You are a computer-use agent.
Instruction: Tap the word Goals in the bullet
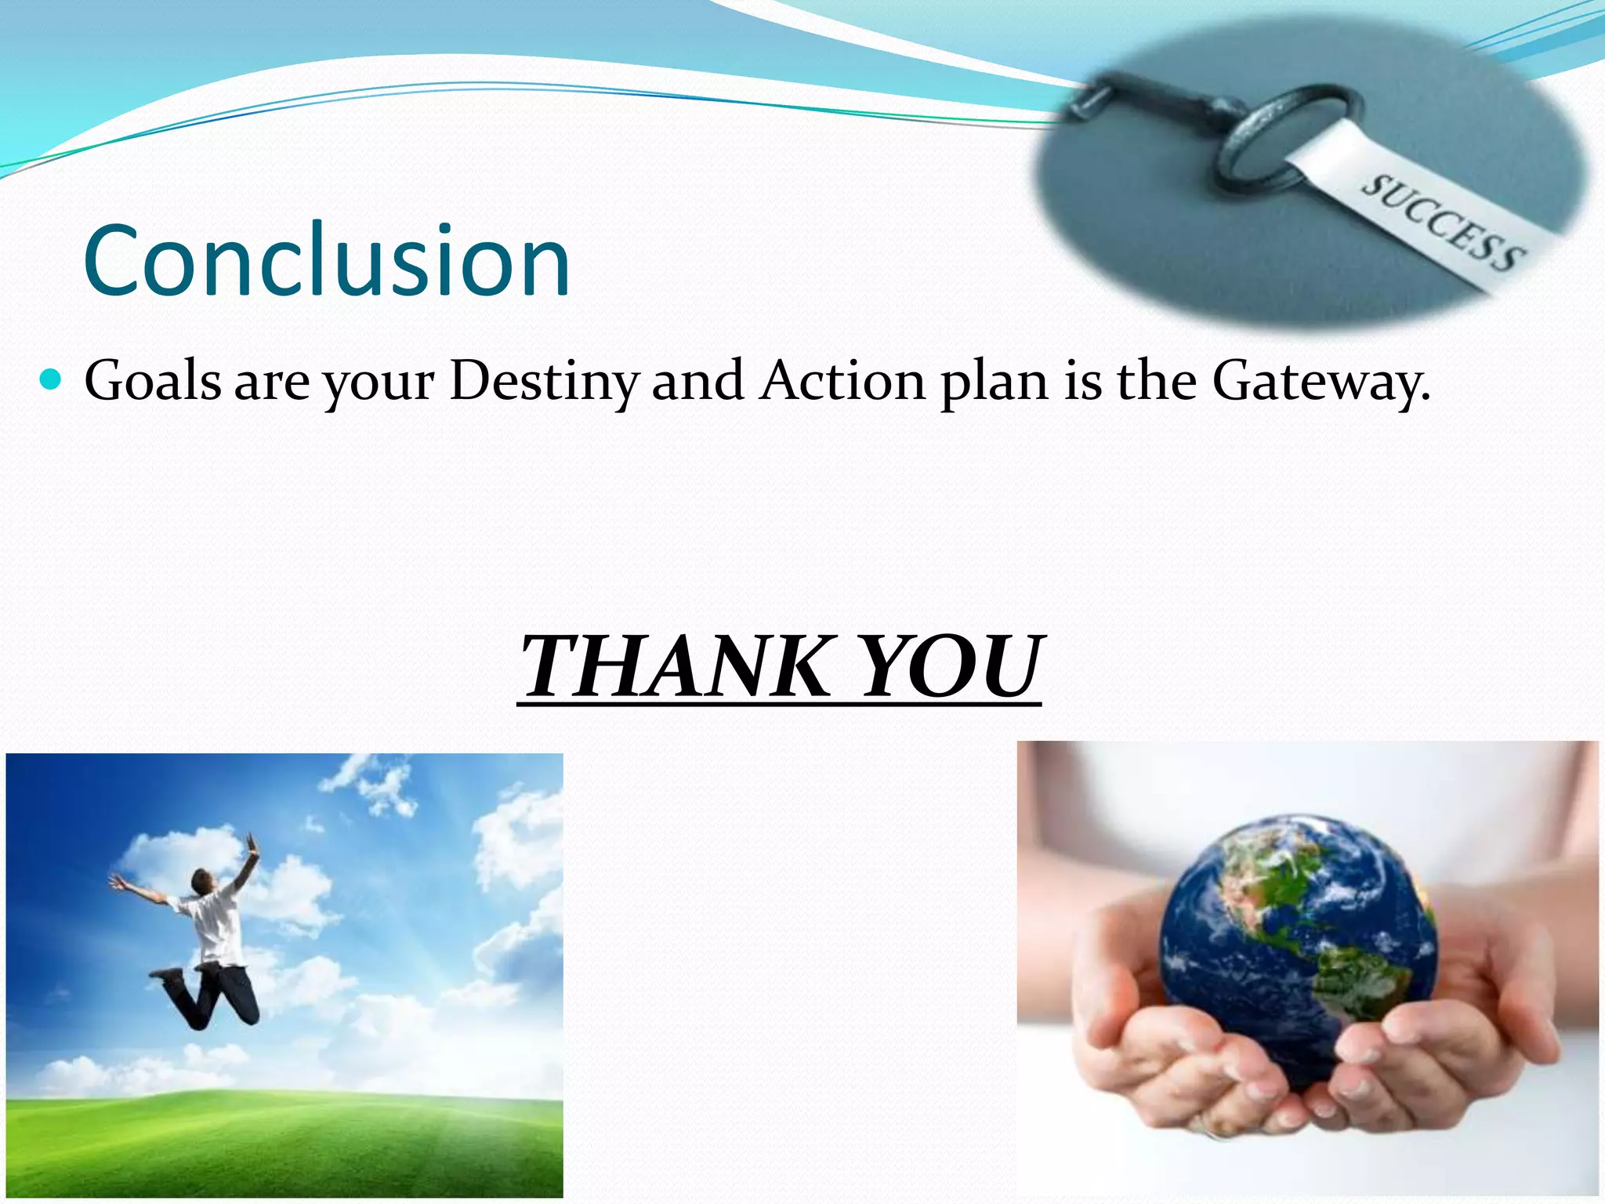click(153, 382)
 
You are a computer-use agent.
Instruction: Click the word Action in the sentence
click(843, 382)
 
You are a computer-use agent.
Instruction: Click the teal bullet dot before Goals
click(50, 380)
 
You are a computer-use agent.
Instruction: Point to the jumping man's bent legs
click(212, 995)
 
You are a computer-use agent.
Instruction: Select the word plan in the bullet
click(994, 382)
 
